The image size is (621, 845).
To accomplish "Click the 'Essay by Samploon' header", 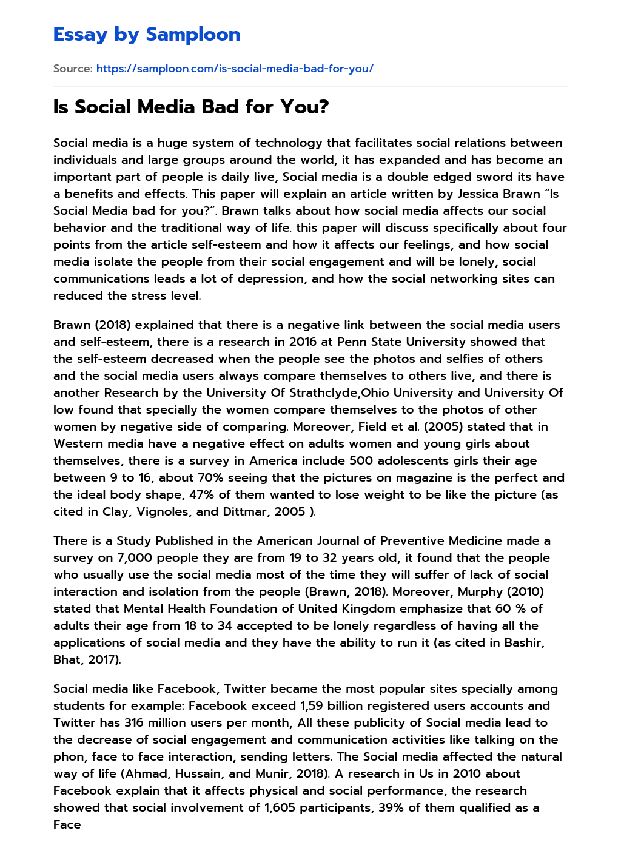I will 147,35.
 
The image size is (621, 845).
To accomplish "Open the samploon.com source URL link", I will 235,69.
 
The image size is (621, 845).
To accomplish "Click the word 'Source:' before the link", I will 73,69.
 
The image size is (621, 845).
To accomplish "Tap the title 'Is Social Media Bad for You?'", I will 191,107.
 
